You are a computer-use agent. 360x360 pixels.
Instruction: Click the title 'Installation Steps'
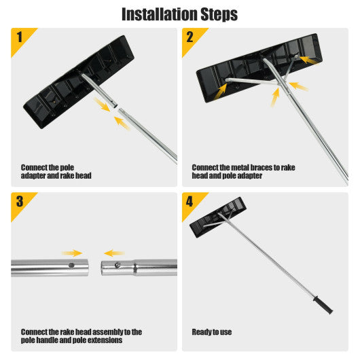pyautogui.click(x=179, y=14)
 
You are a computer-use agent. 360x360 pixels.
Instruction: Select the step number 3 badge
pyautogui.click(x=19, y=200)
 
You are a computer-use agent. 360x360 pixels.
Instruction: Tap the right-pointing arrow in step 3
pyautogui.click(x=73, y=252)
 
